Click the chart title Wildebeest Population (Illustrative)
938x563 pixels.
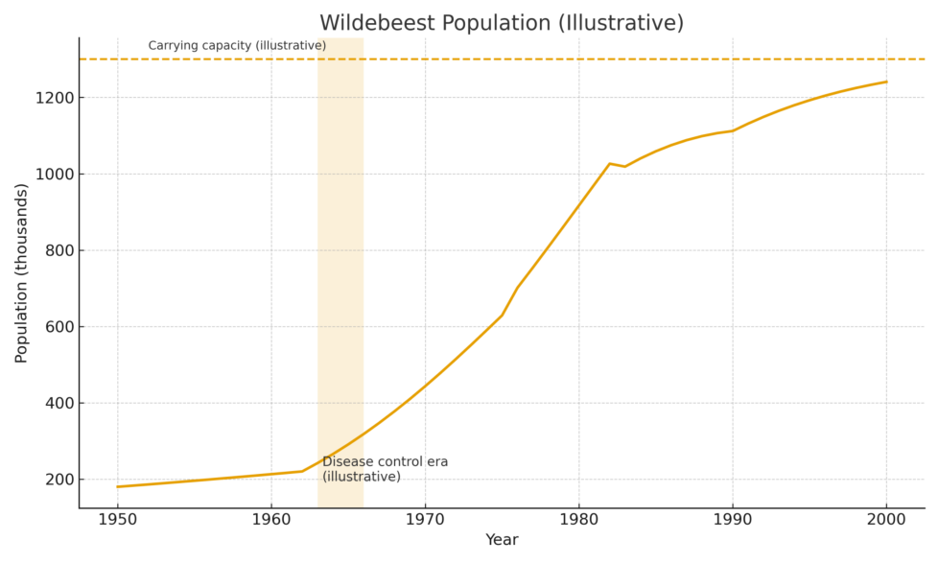(501, 23)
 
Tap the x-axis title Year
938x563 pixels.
(501, 540)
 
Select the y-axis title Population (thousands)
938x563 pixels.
(22, 272)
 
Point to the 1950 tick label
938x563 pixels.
(117, 519)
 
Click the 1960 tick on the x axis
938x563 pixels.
(271, 519)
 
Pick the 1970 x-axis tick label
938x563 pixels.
(425, 519)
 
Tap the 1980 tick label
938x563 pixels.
(578, 519)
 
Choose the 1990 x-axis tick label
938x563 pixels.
(733, 519)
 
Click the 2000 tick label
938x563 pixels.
(886, 519)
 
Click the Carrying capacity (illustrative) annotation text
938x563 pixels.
(237, 45)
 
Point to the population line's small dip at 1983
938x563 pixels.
(625, 167)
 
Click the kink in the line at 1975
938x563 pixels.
(502, 315)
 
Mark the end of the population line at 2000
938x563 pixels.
(886, 82)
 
